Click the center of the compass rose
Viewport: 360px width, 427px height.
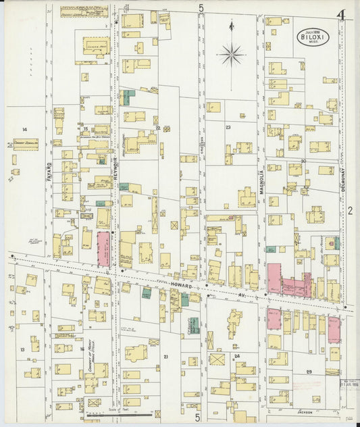pos(232,53)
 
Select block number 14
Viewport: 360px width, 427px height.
pos(24,129)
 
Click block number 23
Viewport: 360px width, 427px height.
pos(228,127)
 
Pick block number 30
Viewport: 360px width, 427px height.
pos(303,161)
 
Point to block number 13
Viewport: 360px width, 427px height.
pos(22,349)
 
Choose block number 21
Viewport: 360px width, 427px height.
pos(165,355)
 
